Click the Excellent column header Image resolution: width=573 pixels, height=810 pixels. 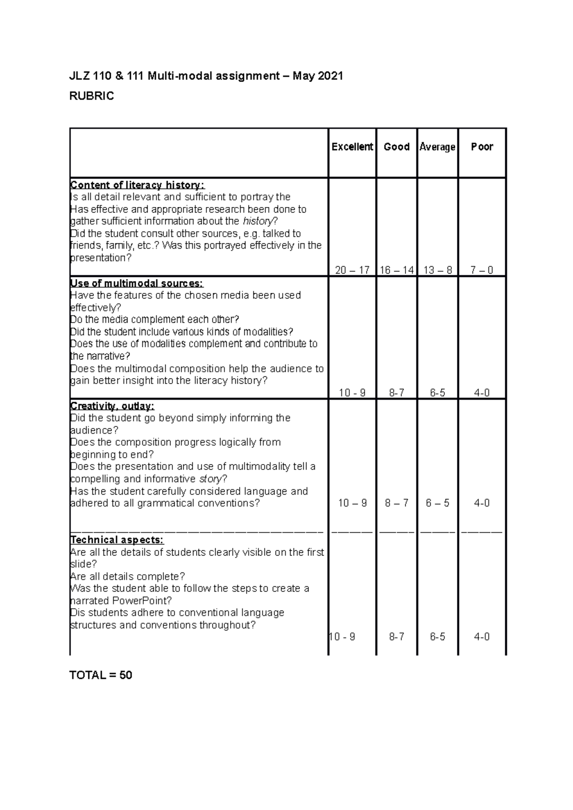pos(352,147)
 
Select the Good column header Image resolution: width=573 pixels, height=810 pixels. pos(396,147)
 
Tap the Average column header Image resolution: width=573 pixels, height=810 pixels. pos(437,147)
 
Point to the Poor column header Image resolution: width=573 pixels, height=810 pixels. pos(482,147)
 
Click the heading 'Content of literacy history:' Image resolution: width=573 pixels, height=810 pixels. pos(137,185)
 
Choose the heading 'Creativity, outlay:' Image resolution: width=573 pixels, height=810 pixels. pos(112,406)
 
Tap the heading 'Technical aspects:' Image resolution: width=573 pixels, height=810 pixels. pos(117,540)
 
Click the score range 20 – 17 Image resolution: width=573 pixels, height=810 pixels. pos(352,270)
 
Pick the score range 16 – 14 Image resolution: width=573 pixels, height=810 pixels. pos(396,270)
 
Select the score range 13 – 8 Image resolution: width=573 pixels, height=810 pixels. pos(437,270)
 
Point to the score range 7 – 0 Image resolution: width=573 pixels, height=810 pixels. pos(481,270)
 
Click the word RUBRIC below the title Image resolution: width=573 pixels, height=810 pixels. pos(92,96)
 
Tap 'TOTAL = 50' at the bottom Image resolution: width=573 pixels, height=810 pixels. pos(101,675)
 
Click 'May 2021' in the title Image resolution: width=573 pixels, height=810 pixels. pos(318,76)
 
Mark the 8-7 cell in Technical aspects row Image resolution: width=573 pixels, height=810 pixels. pos(396,637)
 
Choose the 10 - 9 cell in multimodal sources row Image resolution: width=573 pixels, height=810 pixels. pos(352,393)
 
